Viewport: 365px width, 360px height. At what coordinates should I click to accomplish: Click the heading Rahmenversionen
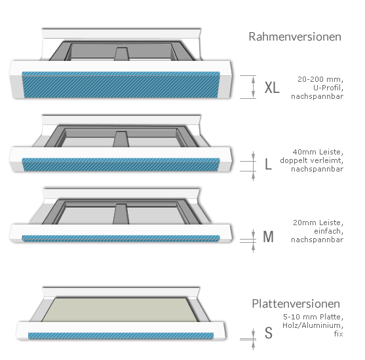click(295, 37)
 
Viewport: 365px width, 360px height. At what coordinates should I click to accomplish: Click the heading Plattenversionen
click(296, 304)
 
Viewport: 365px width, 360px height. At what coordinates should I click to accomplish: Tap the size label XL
click(272, 88)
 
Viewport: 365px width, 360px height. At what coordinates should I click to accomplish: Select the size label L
click(268, 164)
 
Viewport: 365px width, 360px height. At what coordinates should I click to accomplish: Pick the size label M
click(268, 237)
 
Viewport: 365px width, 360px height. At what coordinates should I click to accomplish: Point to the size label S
click(269, 333)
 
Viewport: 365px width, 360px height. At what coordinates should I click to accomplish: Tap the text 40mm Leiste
click(318, 152)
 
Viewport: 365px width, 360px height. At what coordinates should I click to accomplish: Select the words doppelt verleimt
click(311, 160)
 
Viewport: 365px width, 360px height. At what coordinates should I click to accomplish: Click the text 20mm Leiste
click(318, 223)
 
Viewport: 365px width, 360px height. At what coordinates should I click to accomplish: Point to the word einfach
click(328, 231)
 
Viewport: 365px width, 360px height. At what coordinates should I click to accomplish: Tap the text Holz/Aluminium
click(313, 325)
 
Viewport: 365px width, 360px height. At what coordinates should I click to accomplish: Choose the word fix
click(339, 334)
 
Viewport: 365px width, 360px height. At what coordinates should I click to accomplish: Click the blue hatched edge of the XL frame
click(121, 84)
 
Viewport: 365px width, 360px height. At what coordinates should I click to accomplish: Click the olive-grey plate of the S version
click(120, 310)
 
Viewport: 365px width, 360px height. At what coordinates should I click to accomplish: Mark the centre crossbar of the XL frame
click(121, 54)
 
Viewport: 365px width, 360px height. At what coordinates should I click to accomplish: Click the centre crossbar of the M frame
click(121, 214)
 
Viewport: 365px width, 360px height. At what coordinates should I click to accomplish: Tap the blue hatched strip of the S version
click(121, 336)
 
